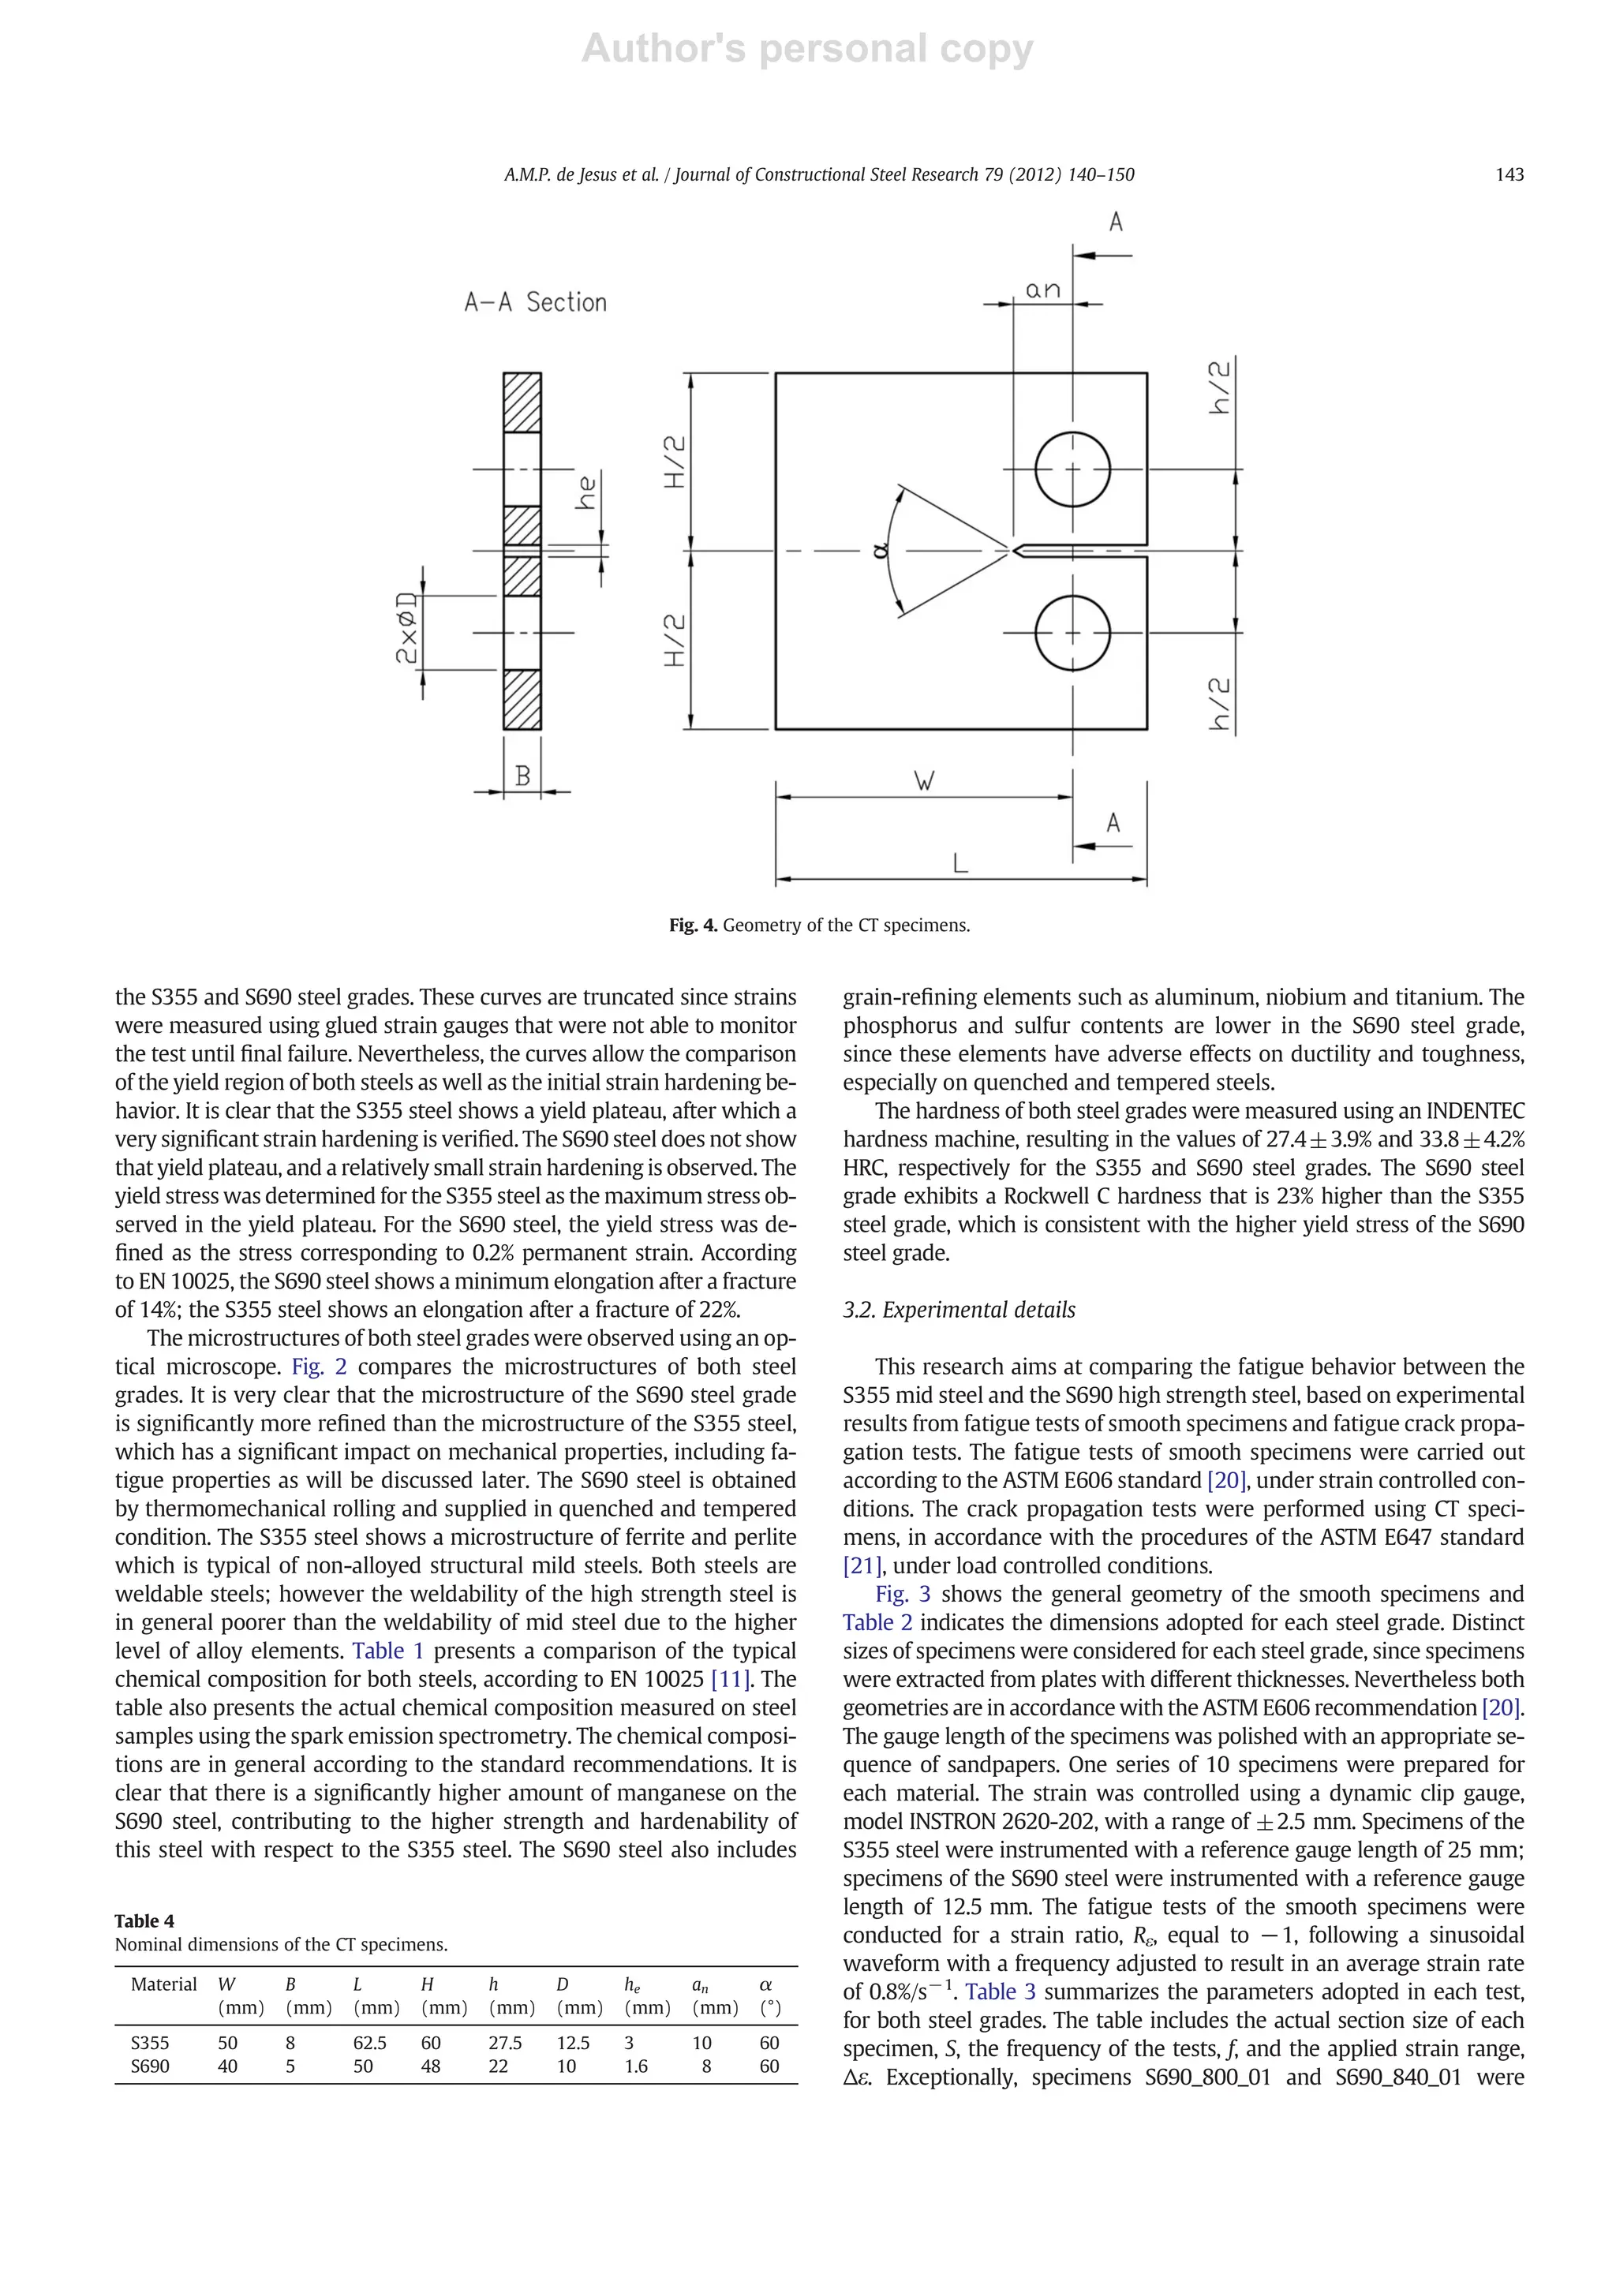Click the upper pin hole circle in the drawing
tap(1072, 469)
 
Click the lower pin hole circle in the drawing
tap(1072, 633)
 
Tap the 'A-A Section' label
tap(535, 302)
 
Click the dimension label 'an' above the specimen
tap(1043, 290)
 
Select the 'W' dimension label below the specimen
tap(925, 781)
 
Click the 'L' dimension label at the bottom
tap(960, 864)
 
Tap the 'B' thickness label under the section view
tap(522, 776)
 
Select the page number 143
tap(1509, 175)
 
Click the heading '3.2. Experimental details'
tap(959, 1310)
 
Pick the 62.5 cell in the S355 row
tap(370, 2042)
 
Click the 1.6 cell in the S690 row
tap(636, 2066)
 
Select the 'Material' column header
tap(164, 1984)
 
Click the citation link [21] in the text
tap(862, 1565)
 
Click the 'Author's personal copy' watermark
tap(807, 48)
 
